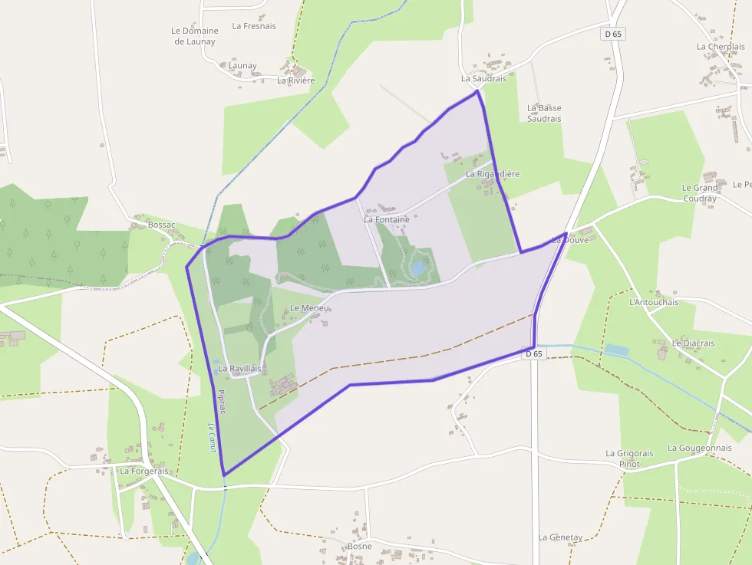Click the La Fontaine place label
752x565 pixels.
[x=387, y=220]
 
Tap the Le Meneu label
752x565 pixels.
[x=309, y=308]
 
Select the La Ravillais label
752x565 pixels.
[x=239, y=369]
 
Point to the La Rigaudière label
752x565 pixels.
[x=493, y=174]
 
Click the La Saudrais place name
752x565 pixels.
[x=483, y=78]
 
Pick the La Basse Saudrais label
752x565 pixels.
[x=544, y=113]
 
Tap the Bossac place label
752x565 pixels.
[x=161, y=225]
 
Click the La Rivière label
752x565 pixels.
[x=296, y=80]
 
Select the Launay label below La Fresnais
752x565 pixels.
[x=242, y=66]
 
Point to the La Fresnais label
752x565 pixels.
[x=254, y=26]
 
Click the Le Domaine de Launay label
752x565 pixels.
[x=195, y=36]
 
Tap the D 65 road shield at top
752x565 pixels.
[x=612, y=34]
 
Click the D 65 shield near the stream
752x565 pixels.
[x=533, y=354]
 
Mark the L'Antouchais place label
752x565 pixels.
[x=654, y=302]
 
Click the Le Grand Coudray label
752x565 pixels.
[x=700, y=193]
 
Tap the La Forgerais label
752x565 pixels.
[x=143, y=471]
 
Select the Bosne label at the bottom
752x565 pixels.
[x=360, y=546]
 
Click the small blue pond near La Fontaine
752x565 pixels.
[x=419, y=268]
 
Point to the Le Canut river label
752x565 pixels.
[x=213, y=438]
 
